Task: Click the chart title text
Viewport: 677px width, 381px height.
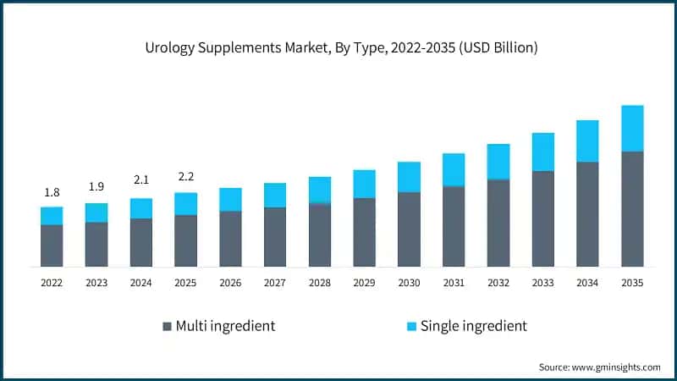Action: point(338,48)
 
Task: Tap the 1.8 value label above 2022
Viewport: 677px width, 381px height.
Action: point(52,193)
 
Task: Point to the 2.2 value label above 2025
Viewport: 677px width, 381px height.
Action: point(185,178)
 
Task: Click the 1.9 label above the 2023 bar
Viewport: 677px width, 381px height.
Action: point(96,188)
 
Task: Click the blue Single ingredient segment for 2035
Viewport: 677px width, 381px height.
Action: point(632,129)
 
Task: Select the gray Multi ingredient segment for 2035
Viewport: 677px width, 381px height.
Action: point(632,209)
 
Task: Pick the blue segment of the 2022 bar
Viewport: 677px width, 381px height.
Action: point(52,216)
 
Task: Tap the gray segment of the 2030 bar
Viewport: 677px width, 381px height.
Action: point(409,229)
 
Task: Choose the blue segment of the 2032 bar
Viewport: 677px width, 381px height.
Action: point(498,162)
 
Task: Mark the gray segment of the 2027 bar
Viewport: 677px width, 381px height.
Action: point(275,237)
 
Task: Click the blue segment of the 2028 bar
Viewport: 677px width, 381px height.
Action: point(320,190)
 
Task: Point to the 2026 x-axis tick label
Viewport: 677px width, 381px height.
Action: point(230,284)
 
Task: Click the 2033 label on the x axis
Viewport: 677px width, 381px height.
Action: point(542,284)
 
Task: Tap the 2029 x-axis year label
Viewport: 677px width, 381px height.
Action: point(364,284)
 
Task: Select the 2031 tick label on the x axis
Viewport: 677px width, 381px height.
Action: point(454,284)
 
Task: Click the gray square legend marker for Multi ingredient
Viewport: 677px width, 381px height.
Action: point(167,326)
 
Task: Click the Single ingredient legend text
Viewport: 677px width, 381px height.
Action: point(473,326)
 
